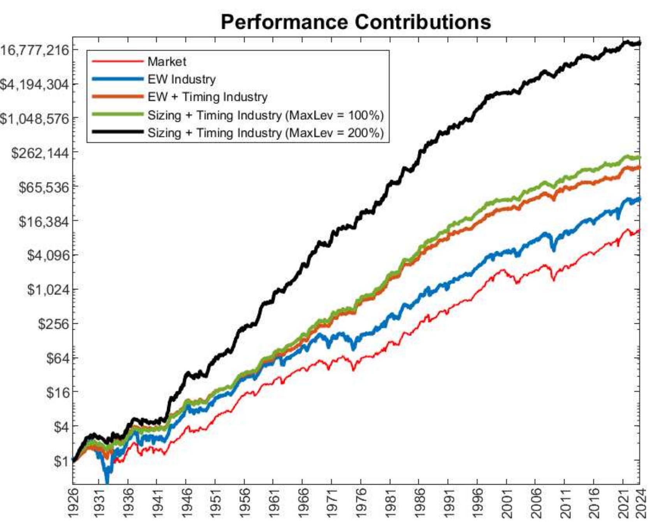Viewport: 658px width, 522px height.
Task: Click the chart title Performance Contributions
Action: tap(355, 22)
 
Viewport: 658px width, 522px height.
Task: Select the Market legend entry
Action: tap(167, 62)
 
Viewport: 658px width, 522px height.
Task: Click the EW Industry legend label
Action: tap(181, 79)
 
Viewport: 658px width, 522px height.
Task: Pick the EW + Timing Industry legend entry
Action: tap(207, 97)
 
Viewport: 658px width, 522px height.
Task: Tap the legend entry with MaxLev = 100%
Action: tap(265, 115)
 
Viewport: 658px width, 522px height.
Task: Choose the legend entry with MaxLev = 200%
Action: tap(265, 133)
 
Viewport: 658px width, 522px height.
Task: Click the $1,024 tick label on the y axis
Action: tap(48, 290)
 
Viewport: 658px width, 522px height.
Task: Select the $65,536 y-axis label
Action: tap(43, 187)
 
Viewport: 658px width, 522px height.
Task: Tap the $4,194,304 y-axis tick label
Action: tap(34, 85)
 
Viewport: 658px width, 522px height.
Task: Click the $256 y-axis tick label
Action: tap(53, 324)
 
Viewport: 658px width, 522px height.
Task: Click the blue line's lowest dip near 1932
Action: tap(107, 481)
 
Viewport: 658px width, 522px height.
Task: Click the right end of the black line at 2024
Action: tap(639, 43)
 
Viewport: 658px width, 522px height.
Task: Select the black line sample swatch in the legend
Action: tap(117, 132)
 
